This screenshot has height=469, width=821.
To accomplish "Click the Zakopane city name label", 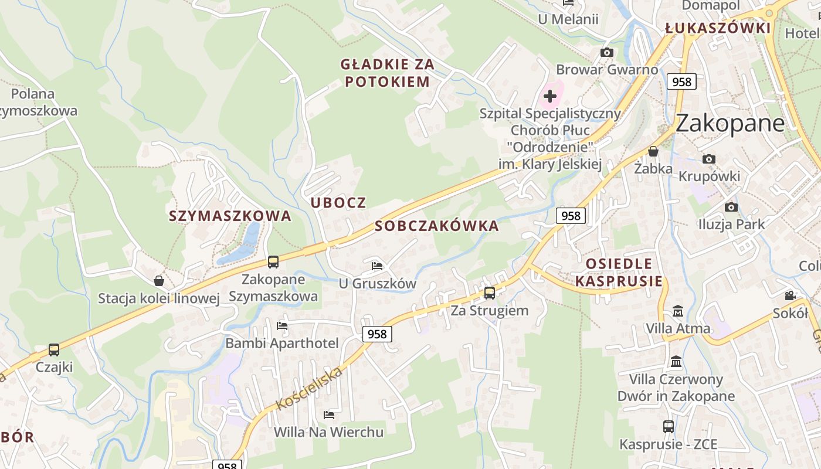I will [x=730, y=123].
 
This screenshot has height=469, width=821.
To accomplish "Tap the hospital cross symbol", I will [x=550, y=96].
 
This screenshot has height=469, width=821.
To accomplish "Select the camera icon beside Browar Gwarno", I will [x=607, y=53].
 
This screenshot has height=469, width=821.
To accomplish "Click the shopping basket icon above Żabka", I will [x=653, y=151].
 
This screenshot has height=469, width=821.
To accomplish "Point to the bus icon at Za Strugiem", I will [x=490, y=293].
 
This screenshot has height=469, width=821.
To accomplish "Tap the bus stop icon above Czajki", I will [x=54, y=350].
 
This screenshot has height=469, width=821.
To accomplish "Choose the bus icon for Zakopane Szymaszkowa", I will [x=273, y=261].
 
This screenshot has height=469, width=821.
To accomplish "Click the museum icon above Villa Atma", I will [x=678, y=311].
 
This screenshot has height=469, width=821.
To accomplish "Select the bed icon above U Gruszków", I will [x=377, y=266].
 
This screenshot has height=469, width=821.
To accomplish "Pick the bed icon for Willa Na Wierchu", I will [x=329, y=415].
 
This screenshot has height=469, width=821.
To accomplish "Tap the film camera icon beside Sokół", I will [x=791, y=295].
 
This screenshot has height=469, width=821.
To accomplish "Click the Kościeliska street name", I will [x=308, y=388].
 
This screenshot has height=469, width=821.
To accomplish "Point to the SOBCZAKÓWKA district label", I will [x=437, y=226].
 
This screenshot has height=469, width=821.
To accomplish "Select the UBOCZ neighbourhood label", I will [x=338, y=203].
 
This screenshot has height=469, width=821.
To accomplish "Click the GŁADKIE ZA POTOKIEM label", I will [x=388, y=73].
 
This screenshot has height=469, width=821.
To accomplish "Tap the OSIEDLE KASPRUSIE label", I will [x=618, y=272].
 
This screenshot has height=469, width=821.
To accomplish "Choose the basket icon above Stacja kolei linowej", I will [x=158, y=281].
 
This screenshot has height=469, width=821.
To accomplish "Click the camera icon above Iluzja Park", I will [x=731, y=207].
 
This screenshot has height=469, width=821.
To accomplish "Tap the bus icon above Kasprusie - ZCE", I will [x=669, y=427].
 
